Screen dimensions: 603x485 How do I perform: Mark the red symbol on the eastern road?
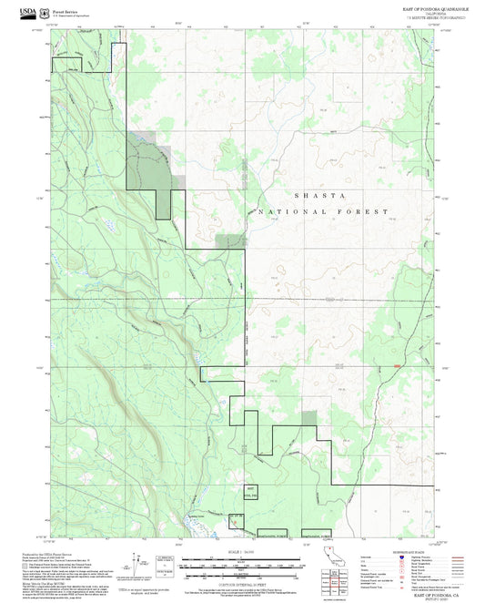tap(396, 366)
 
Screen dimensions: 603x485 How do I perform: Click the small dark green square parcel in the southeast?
tap(309, 418)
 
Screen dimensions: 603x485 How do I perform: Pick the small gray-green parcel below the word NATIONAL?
tap(231, 240)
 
